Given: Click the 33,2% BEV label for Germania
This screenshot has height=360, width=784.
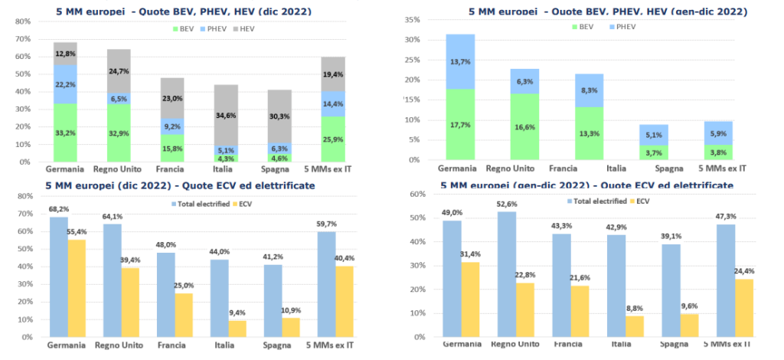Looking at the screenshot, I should [x=65, y=133].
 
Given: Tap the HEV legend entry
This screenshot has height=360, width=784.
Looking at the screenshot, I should [x=246, y=28].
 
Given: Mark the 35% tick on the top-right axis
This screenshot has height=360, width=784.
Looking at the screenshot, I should [x=413, y=20].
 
